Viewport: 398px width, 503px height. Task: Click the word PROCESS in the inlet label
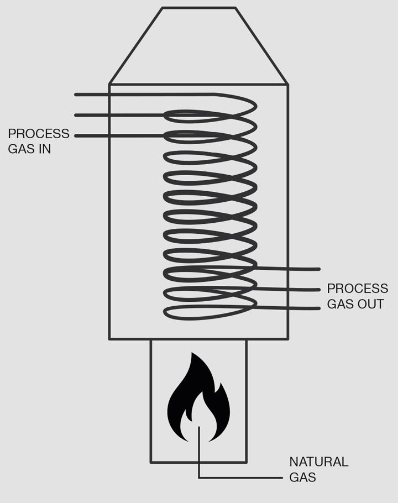point(39,134)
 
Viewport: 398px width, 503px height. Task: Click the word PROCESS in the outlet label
point(358,289)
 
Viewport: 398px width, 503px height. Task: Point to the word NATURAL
point(319,462)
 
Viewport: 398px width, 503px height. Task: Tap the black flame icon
point(198,398)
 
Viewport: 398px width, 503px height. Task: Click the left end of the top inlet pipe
point(76,95)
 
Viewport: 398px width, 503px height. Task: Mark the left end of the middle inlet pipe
point(76,115)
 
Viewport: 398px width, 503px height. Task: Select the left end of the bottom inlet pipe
point(76,135)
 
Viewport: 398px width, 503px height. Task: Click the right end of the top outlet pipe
point(319,269)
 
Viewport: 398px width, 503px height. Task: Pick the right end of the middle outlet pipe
point(319,289)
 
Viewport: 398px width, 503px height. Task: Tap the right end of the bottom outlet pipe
point(319,308)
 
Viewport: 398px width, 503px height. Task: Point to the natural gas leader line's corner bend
point(198,478)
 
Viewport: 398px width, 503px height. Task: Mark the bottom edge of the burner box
point(198,462)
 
